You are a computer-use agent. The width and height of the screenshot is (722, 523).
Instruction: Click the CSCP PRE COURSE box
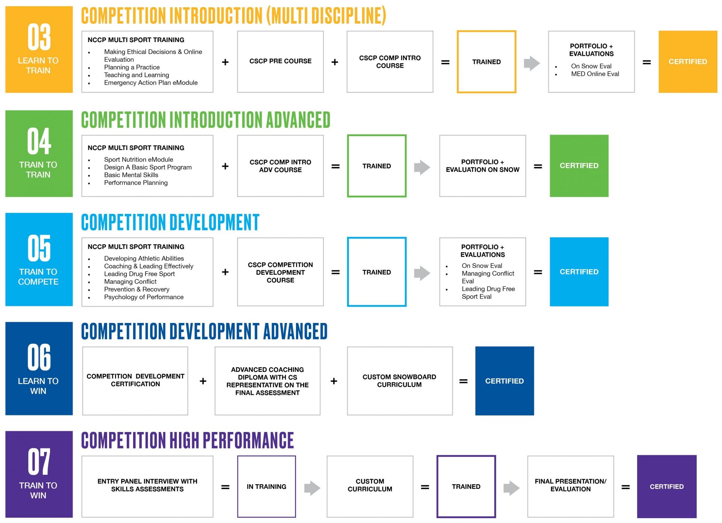click(x=280, y=62)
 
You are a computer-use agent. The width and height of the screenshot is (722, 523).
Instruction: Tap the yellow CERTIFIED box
click(x=688, y=62)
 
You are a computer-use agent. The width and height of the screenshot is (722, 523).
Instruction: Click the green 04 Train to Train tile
click(x=39, y=153)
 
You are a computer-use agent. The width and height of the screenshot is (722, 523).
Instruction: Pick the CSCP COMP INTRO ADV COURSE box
click(x=280, y=166)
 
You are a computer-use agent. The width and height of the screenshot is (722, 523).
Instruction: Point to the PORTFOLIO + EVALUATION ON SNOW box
click(x=482, y=166)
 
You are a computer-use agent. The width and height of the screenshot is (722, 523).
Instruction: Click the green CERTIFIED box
click(x=579, y=166)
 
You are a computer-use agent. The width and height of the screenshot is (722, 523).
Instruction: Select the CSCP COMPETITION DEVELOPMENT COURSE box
click(x=280, y=272)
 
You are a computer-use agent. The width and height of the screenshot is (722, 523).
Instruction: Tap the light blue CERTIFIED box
click(x=579, y=272)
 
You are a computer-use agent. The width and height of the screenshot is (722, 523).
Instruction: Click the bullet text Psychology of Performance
click(x=144, y=297)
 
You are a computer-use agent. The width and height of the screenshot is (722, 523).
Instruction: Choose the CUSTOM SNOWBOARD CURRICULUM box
click(x=400, y=381)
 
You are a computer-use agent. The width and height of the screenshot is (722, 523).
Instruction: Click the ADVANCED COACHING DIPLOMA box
click(x=267, y=381)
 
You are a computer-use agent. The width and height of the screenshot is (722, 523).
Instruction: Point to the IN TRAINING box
click(x=266, y=487)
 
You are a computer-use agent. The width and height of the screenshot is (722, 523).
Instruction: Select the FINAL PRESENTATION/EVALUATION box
click(x=570, y=487)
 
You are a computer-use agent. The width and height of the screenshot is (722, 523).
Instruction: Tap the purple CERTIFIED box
click(x=667, y=487)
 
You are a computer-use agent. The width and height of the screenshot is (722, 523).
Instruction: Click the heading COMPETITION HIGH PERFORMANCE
click(x=187, y=440)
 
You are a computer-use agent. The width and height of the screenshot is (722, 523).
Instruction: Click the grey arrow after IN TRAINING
click(x=312, y=488)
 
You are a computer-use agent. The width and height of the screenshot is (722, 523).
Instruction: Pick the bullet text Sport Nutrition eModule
click(x=138, y=159)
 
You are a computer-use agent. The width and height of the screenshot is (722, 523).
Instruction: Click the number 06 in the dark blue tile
click(x=39, y=357)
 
